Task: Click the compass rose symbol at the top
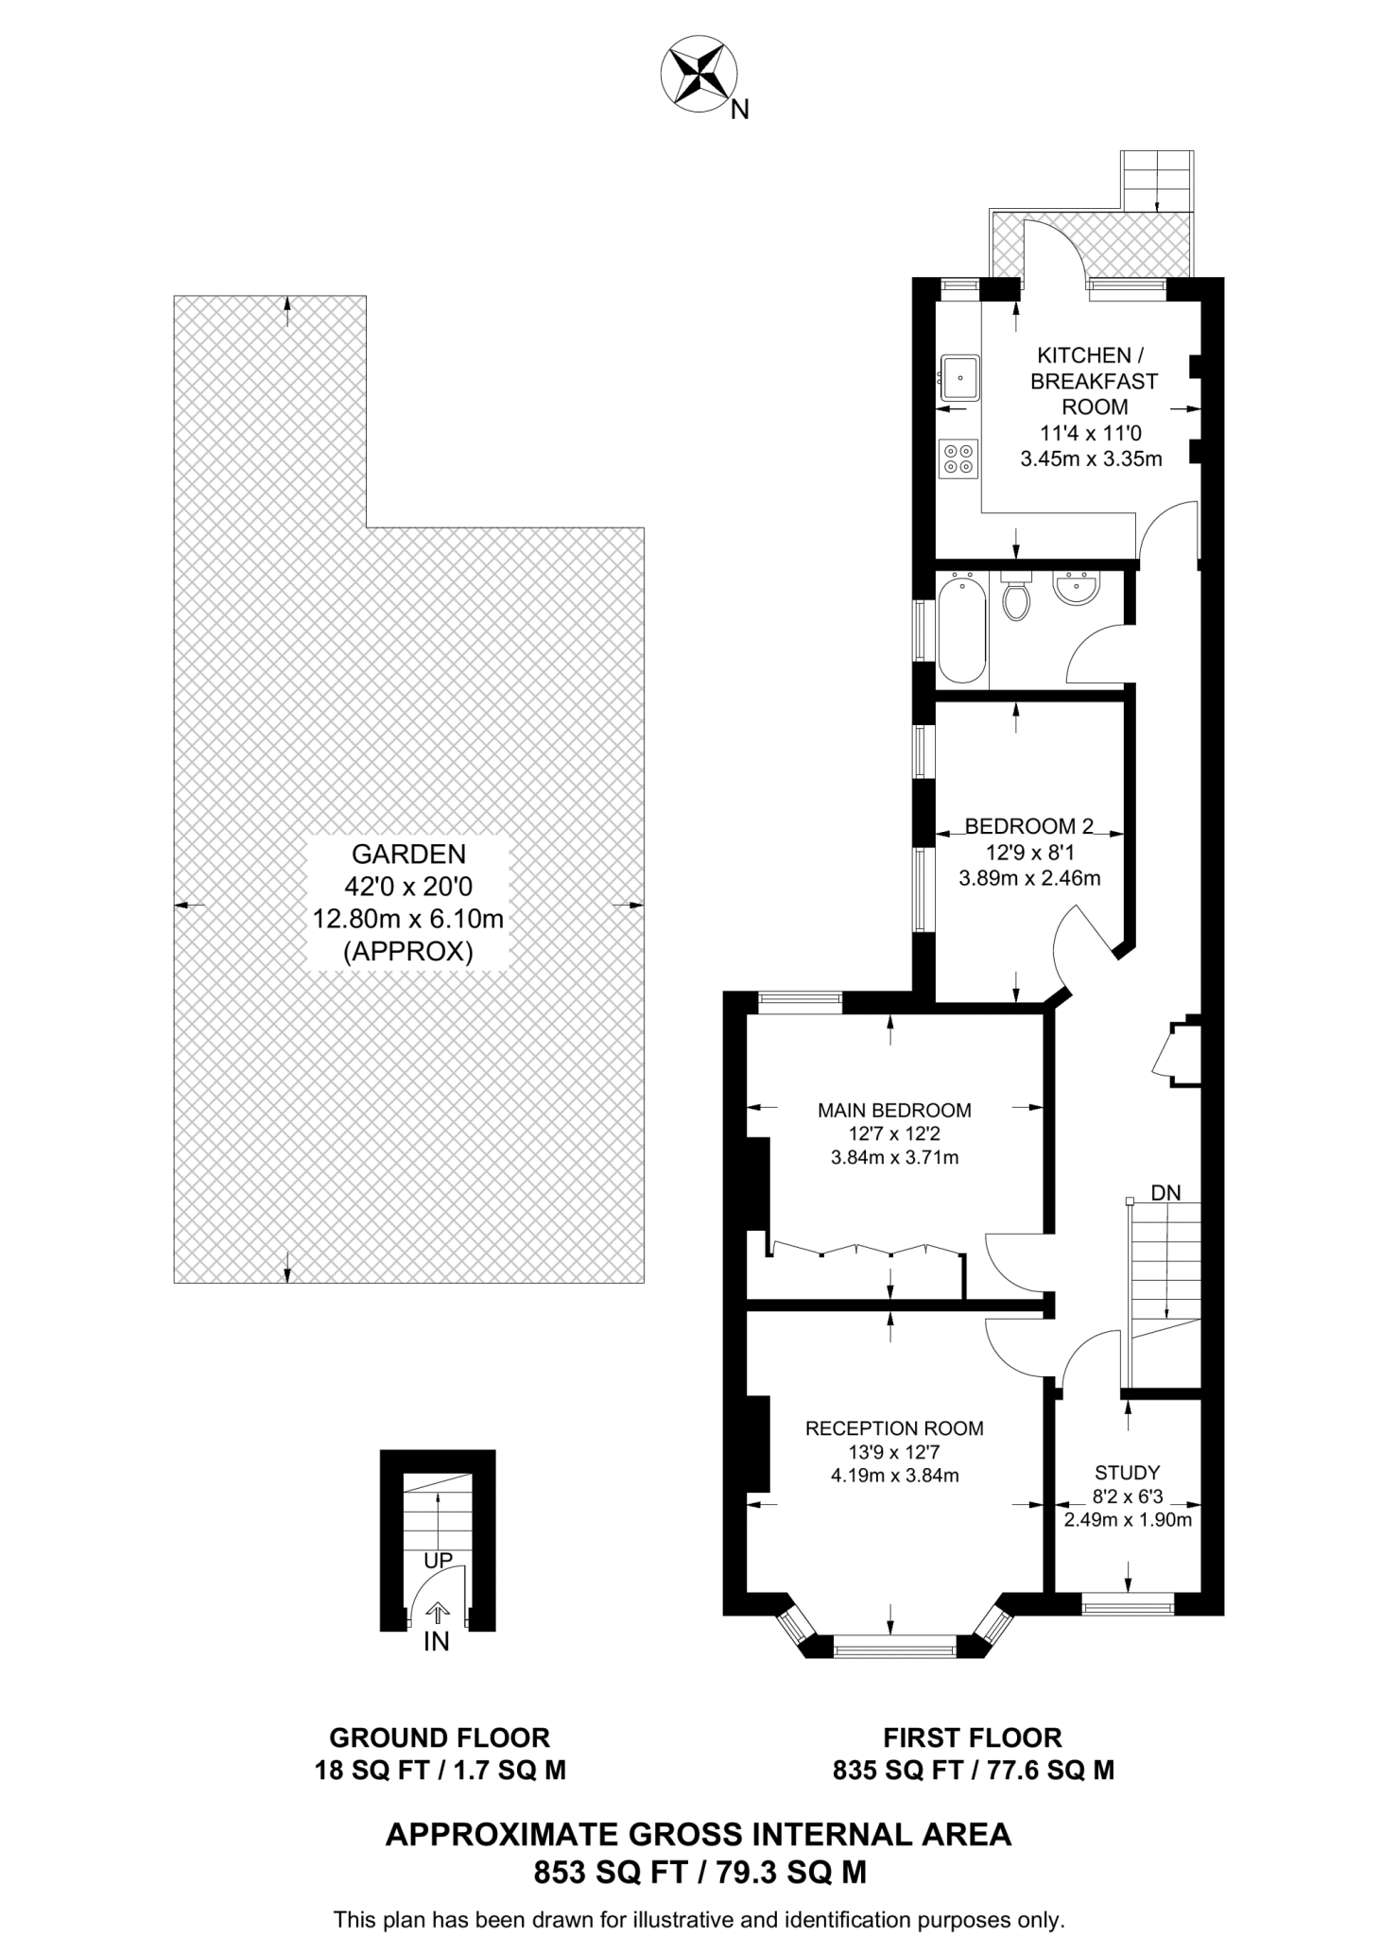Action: [698, 74]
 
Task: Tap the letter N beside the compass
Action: [740, 111]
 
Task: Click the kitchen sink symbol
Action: [960, 378]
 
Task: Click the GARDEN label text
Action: [408, 855]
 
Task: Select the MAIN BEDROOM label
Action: [894, 1110]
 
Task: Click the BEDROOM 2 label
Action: [1028, 826]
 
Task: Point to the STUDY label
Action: [1127, 1472]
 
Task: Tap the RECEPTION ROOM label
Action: [894, 1428]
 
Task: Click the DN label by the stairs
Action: [1165, 1193]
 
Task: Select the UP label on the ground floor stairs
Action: [438, 1561]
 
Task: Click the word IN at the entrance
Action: [436, 1642]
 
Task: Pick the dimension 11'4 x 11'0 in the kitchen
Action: [1091, 434]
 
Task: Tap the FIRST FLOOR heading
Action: [973, 1737]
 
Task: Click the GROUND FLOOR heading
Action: [440, 1737]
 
